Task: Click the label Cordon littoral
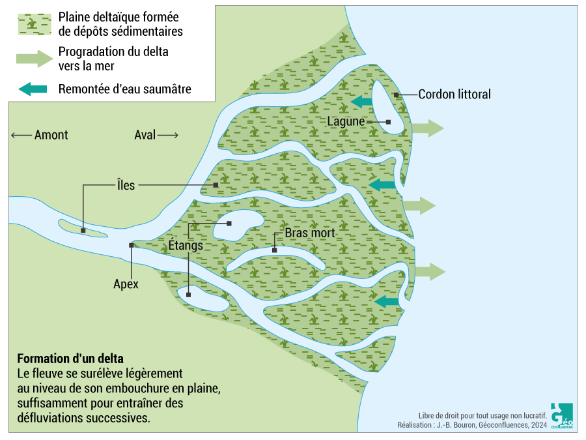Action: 454,95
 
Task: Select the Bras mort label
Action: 310,233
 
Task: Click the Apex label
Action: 126,284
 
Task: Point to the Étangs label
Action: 186,246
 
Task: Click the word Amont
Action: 51,135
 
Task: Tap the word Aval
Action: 145,135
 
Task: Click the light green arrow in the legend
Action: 34,58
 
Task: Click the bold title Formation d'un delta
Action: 70,359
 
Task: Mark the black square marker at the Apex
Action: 132,245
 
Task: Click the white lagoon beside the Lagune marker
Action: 394,111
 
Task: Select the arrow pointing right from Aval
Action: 168,135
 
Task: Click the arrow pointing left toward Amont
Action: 21,135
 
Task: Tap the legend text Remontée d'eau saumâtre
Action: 125,89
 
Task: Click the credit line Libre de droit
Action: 482,415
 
